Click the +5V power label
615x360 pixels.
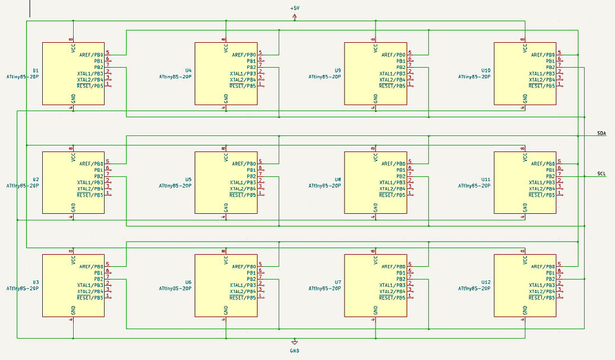click(x=295, y=8)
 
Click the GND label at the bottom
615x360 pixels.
click(x=295, y=350)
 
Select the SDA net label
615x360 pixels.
click(x=601, y=134)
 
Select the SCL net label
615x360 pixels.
click(x=601, y=173)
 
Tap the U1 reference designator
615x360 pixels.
click(x=36, y=70)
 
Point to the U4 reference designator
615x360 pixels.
click(x=188, y=70)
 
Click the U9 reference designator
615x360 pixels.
click(x=338, y=70)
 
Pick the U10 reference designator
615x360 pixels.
click(x=486, y=70)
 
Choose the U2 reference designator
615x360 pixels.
click(x=36, y=179)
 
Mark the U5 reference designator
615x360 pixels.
click(x=188, y=179)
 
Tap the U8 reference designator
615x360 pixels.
click(x=338, y=179)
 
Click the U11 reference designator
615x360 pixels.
click(x=486, y=179)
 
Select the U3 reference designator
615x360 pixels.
click(x=36, y=282)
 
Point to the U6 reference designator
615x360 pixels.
click(x=188, y=282)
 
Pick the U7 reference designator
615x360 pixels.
click(x=338, y=282)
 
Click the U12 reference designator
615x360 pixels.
click(x=486, y=282)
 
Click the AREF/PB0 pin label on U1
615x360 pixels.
click(x=91, y=55)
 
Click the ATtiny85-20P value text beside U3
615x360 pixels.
click(x=23, y=288)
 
